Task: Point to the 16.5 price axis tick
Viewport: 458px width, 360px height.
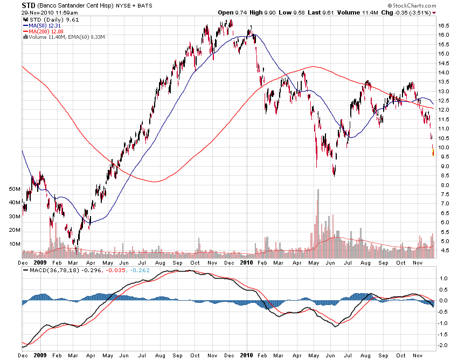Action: (x=443, y=26)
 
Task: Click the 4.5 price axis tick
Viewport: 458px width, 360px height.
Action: (x=443, y=251)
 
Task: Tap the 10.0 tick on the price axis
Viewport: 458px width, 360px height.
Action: (x=443, y=148)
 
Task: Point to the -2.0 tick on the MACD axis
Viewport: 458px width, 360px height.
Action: (x=443, y=345)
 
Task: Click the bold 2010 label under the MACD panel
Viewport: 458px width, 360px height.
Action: (x=246, y=355)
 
